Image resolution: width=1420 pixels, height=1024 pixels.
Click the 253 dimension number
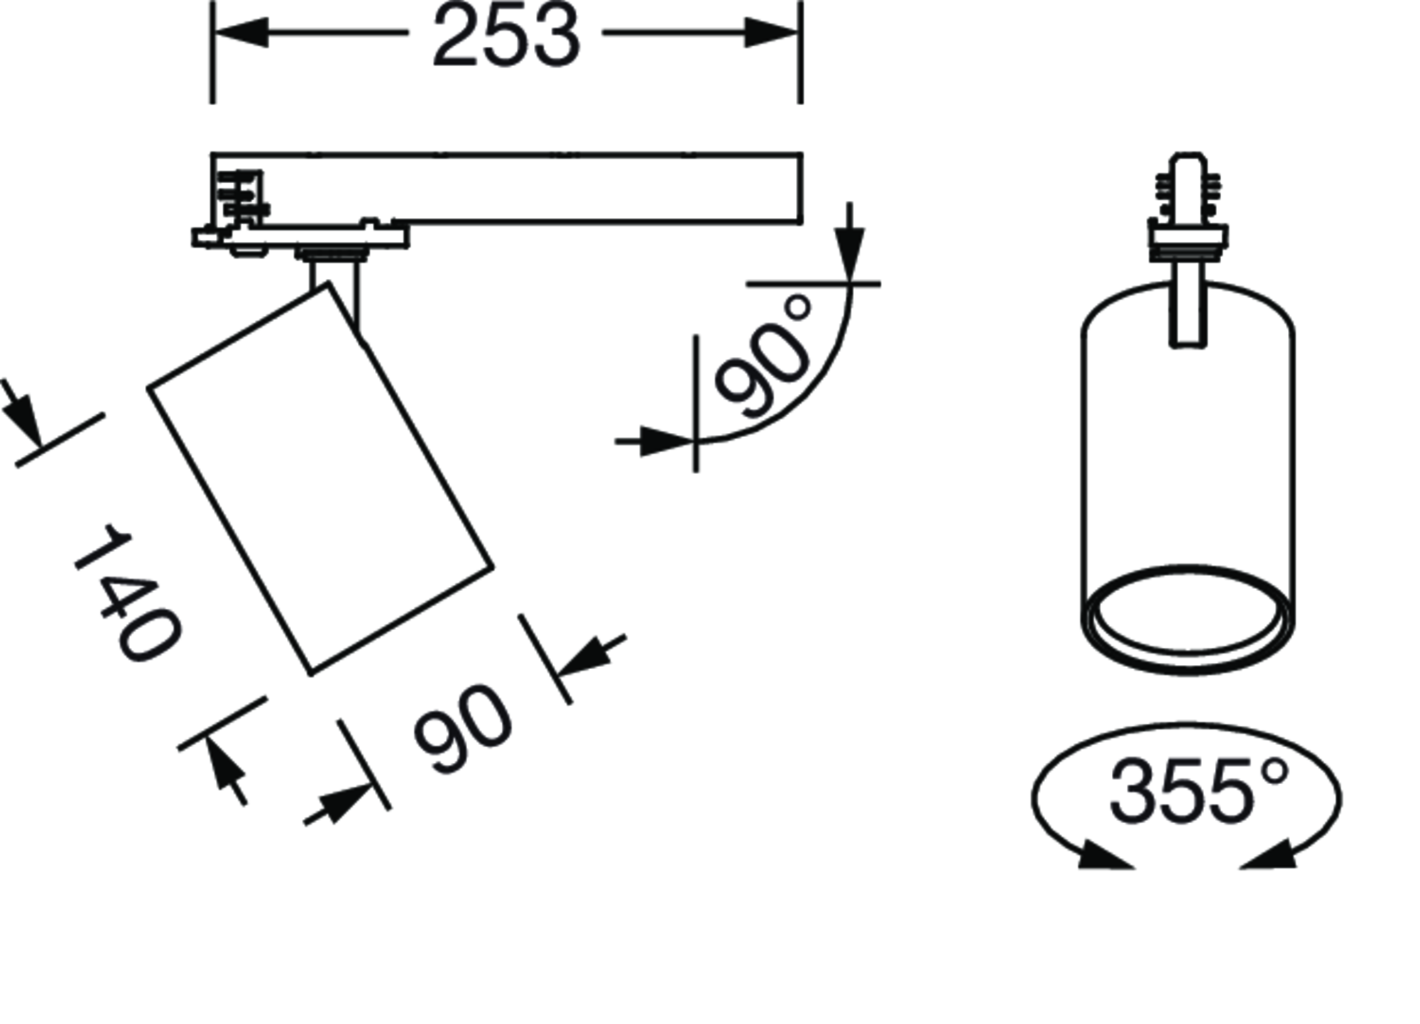pyautogui.click(x=506, y=36)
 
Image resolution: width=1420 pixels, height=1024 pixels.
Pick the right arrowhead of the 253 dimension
pyautogui.click(x=772, y=33)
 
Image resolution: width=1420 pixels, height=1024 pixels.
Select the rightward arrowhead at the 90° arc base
pyautogui.click(x=667, y=441)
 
